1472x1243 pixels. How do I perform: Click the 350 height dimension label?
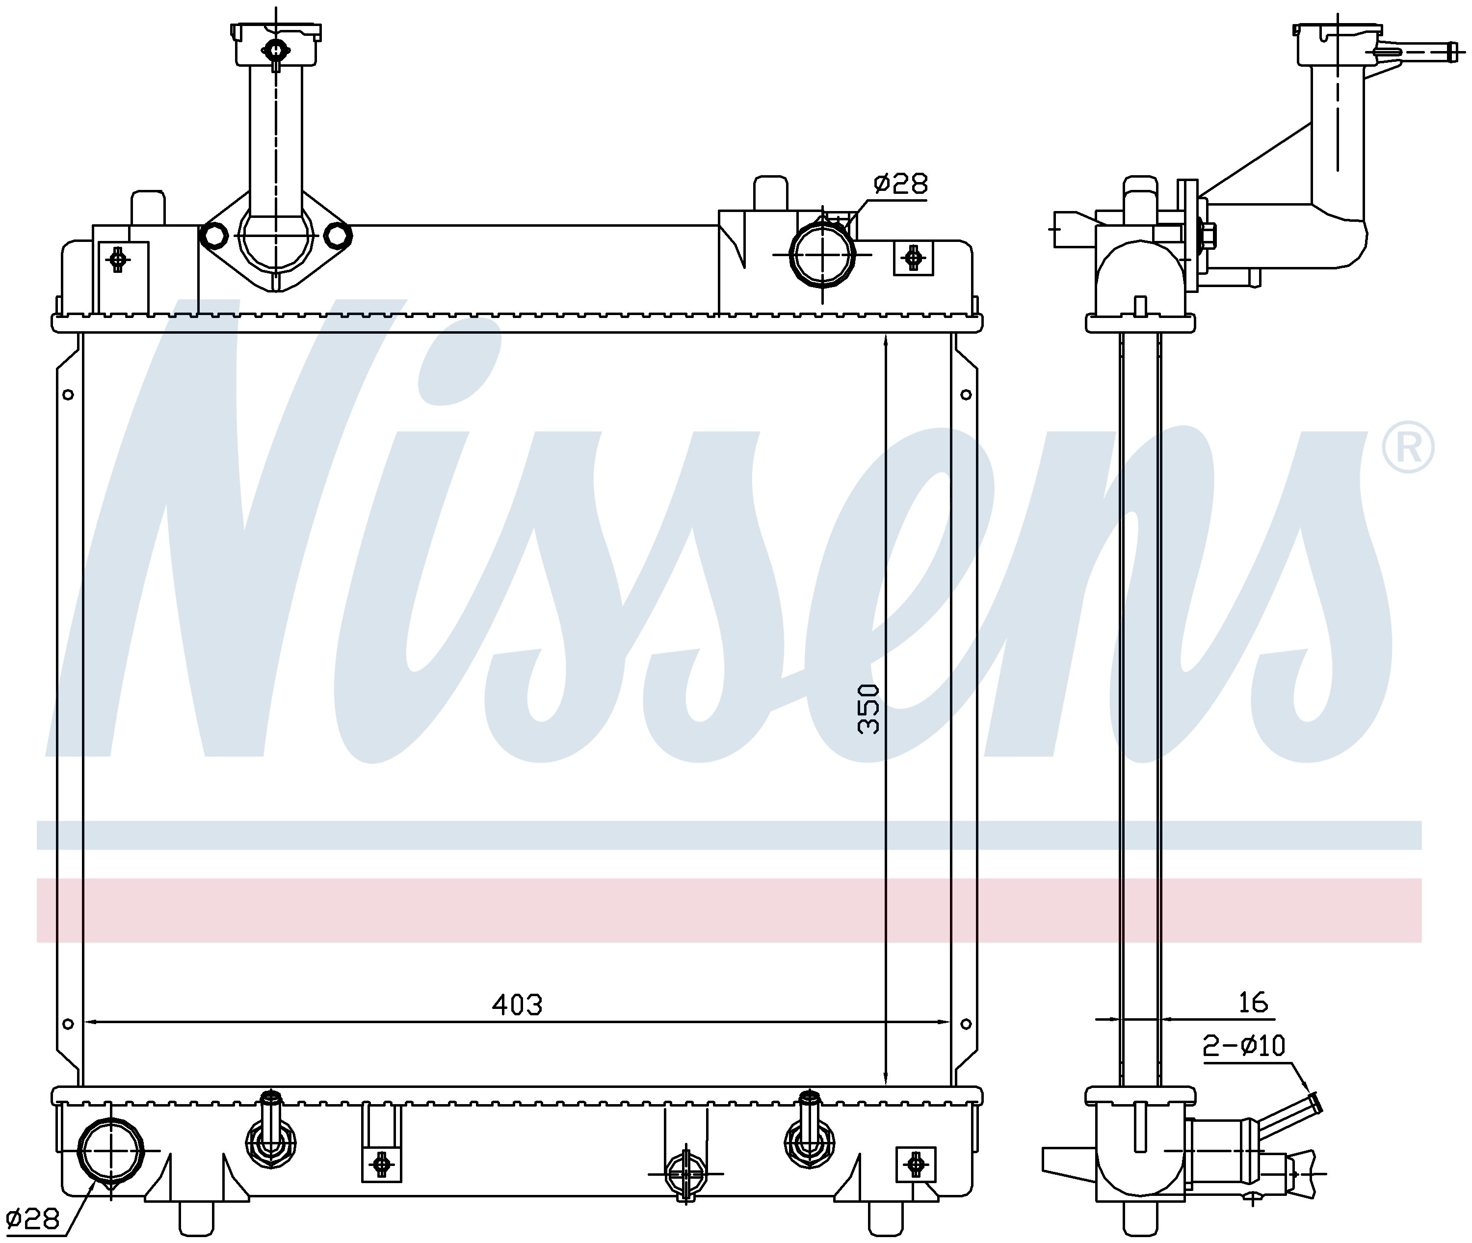[869, 710]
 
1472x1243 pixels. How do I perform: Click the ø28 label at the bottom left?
[32, 1218]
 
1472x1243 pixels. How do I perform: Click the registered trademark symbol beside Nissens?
[1407, 448]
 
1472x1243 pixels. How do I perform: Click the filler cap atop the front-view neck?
[276, 44]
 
